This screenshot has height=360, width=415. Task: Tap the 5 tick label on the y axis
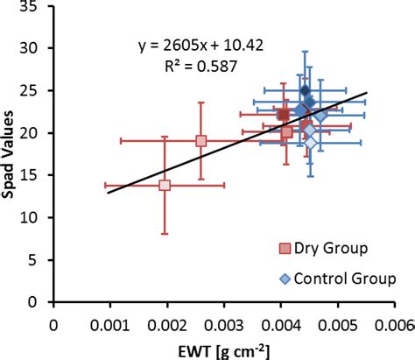click(x=39, y=260)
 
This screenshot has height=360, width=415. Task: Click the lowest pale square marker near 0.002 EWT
click(x=165, y=185)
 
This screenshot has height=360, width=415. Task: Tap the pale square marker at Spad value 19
click(x=201, y=141)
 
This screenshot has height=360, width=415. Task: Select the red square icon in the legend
click(x=285, y=249)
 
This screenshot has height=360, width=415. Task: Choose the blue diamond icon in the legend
click(x=285, y=279)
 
